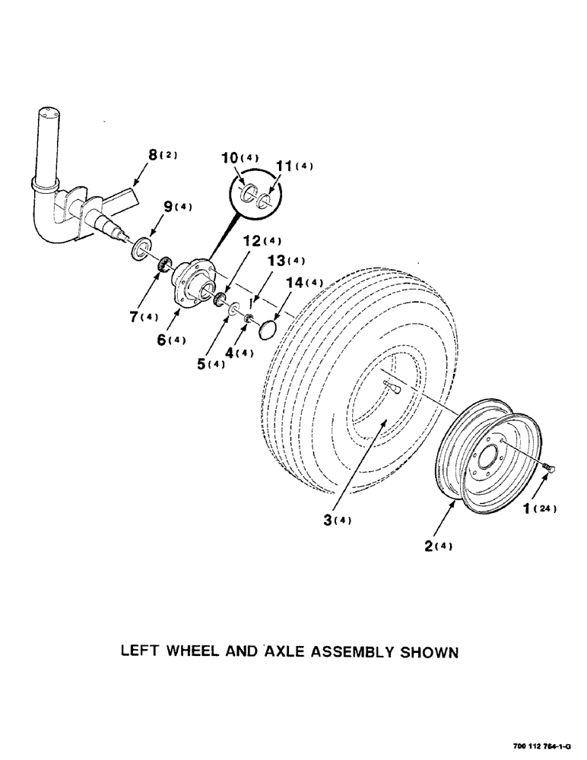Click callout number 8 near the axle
(x=153, y=156)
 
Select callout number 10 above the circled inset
(x=228, y=158)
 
